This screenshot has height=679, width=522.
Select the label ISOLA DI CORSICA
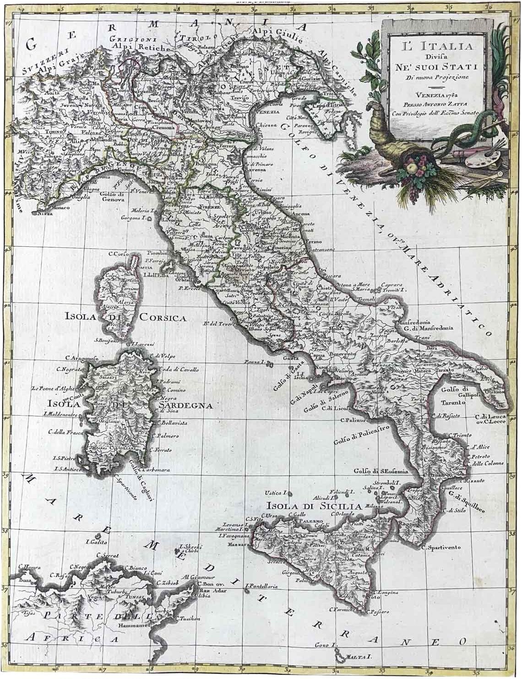pos(125,316)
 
